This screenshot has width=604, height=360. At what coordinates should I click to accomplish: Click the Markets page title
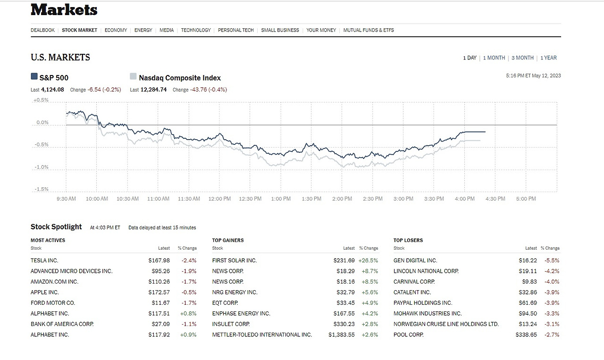pos(64,10)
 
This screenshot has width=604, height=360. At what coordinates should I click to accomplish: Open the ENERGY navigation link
pos(143,30)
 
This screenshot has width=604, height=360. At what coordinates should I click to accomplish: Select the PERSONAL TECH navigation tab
pos(236,30)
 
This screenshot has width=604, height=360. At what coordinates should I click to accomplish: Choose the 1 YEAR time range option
pos(549,58)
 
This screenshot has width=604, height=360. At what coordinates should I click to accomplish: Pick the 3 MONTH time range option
pos(522,58)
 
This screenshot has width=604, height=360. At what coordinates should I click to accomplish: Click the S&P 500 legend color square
pos(34,76)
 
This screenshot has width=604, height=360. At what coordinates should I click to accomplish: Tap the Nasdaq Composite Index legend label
pos(180,78)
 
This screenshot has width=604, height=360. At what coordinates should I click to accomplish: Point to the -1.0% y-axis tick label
pos(41,167)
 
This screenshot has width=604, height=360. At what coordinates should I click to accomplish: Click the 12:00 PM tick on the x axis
pos(219,199)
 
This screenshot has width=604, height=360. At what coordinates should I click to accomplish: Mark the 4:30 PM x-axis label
pos(495,199)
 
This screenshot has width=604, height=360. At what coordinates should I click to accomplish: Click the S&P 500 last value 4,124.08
pos(52,90)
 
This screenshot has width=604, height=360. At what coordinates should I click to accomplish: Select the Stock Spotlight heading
pos(56,227)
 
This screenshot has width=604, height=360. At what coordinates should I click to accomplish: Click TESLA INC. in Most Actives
pos(44,260)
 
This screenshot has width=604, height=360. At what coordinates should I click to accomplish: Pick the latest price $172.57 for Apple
pos(159,293)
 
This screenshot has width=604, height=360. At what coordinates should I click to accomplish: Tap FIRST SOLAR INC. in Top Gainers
pos(235,260)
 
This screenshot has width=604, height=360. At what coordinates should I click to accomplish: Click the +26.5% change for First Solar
pos(368,260)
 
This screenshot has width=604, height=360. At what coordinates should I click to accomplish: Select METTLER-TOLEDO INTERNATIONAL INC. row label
pos(262,335)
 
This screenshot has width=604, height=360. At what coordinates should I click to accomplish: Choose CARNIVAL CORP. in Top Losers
pos(414,282)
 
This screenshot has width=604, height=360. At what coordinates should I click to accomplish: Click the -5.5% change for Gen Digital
pos(552,260)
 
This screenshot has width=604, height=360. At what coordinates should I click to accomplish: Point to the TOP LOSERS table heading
pos(408,241)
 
